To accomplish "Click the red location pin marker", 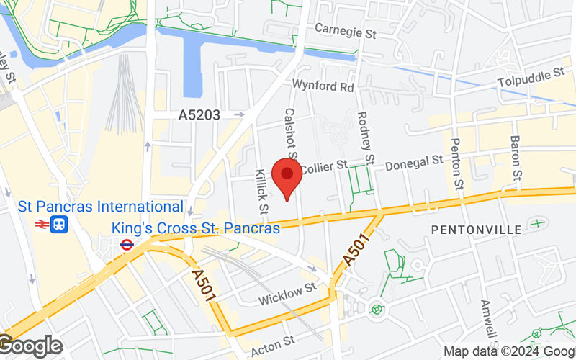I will coord(289,176).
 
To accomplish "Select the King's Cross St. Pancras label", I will coord(195,229).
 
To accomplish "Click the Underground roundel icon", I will coord(127,245).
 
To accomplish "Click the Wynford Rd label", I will coord(323,86).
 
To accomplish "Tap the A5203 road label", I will coord(200,114).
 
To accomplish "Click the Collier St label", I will coord(322,168).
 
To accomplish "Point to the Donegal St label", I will coord(413,163).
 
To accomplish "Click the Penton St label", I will coord(456,164).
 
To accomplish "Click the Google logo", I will coord(30,346).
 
